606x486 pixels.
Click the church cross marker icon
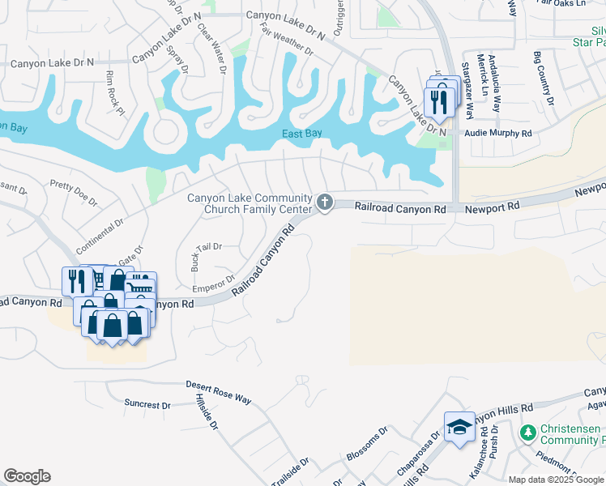click(325, 202)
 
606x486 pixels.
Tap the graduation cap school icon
click(459, 426)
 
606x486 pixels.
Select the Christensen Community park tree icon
click(528, 433)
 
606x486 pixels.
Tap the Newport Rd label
click(492, 208)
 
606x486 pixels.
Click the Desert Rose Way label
click(219, 391)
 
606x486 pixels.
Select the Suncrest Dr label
click(147, 403)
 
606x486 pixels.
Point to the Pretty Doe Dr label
click(73, 193)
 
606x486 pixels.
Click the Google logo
click(27, 476)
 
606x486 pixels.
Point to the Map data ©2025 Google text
click(555, 480)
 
